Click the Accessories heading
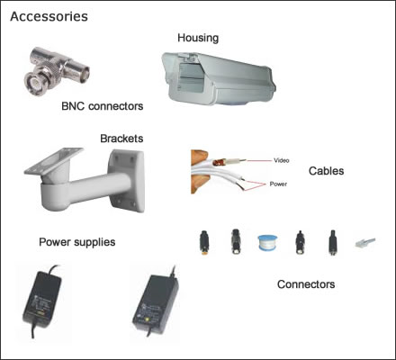[x=49, y=16]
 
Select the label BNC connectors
[x=102, y=106]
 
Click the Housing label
[x=198, y=38]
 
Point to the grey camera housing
[x=219, y=78]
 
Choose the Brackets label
[x=121, y=139]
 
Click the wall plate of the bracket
[x=127, y=181]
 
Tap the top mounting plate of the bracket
[x=54, y=160]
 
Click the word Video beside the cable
[x=282, y=160]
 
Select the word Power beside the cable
[x=278, y=184]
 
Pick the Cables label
[x=326, y=171]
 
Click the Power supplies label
[x=77, y=242]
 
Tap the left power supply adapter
[x=42, y=301]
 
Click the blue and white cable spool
[x=267, y=243]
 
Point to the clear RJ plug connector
[x=365, y=242]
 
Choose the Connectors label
[x=306, y=284]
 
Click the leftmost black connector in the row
[x=204, y=242]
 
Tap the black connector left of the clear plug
[x=332, y=242]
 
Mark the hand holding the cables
[x=199, y=172]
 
